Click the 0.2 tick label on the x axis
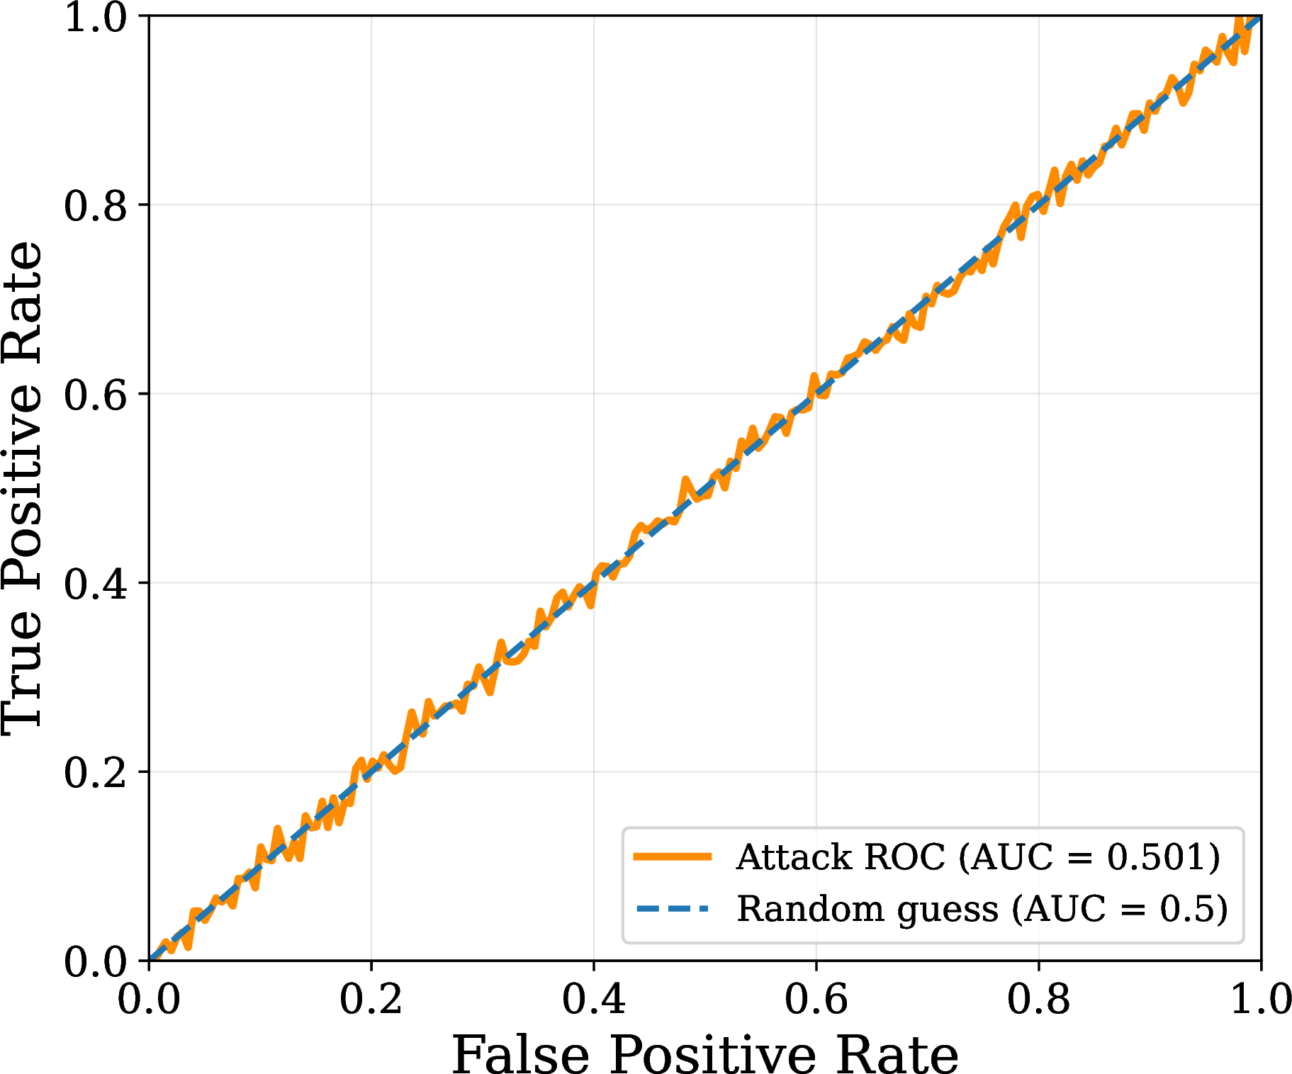371,999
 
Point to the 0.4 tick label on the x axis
593,999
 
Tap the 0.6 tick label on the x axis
816,999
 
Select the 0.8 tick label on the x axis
1038,999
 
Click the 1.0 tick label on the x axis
1261,999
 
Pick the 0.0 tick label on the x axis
148,999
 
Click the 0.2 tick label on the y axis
96,772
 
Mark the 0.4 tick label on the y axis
96,583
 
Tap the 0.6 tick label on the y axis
96,394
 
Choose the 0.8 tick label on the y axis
96,205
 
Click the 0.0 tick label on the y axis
96,961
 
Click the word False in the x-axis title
521,1054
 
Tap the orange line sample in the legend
672,857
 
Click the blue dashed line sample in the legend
672,908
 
